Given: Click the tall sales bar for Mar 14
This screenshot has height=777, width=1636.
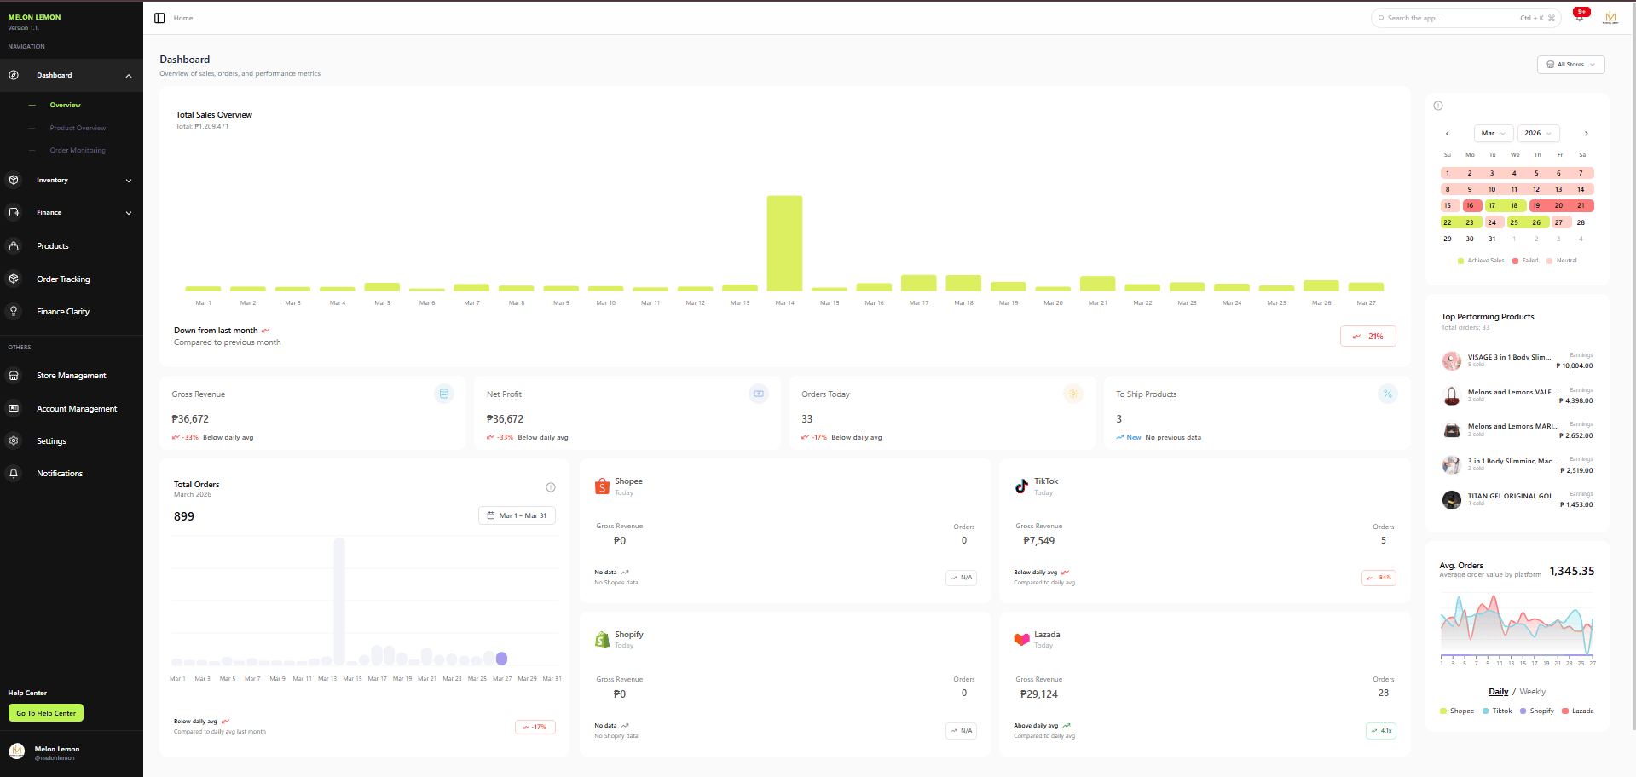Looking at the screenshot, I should (x=784, y=244).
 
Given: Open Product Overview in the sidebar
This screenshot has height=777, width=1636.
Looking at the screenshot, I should (x=78, y=128).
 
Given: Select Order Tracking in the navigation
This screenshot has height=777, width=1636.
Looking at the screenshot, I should (x=63, y=279).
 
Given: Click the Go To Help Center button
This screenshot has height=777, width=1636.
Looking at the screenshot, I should (x=46, y=713).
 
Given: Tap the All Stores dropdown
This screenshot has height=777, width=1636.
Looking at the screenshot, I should (x=1570, y=65).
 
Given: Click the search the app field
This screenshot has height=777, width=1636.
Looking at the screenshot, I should (x=1449, y=18).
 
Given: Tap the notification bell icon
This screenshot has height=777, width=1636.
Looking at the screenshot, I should (x=1579, y=18).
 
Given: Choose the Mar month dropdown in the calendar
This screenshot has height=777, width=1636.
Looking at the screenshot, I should (x=1493, y=133).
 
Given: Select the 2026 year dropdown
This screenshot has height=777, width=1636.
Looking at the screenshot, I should (x=1538, y=133).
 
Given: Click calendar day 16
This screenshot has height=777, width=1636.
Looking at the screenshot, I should (x=1470, y=205).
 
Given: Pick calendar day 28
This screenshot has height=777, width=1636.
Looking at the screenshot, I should (x=1581, y=222).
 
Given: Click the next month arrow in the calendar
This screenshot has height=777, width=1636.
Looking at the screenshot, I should (x=1586, y=134).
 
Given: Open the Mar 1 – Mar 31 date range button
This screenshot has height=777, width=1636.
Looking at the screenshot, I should (x=517, y=515).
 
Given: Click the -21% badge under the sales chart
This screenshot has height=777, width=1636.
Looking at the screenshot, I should (x=1367, y=337).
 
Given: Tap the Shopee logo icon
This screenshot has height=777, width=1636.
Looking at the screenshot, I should (x=602, y=486).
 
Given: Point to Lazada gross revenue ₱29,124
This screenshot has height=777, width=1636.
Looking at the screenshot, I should (x=1038, y=694).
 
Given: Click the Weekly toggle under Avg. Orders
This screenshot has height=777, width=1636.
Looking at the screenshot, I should (x=1532, y=692).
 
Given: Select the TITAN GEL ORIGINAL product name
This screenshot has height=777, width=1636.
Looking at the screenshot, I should (x=1512, y=496).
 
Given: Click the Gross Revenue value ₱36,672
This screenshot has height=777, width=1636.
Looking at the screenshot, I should (x=190, y=419).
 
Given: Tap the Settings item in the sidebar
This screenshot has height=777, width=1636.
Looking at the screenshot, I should (x=51, y=441).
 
